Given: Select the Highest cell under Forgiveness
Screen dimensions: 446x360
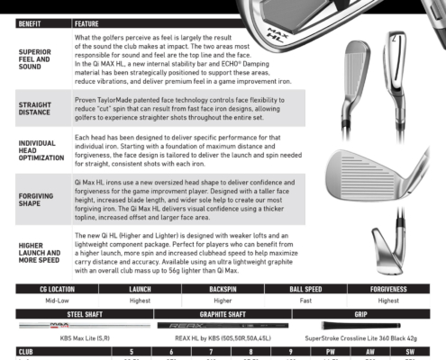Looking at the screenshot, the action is pos(389,301).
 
